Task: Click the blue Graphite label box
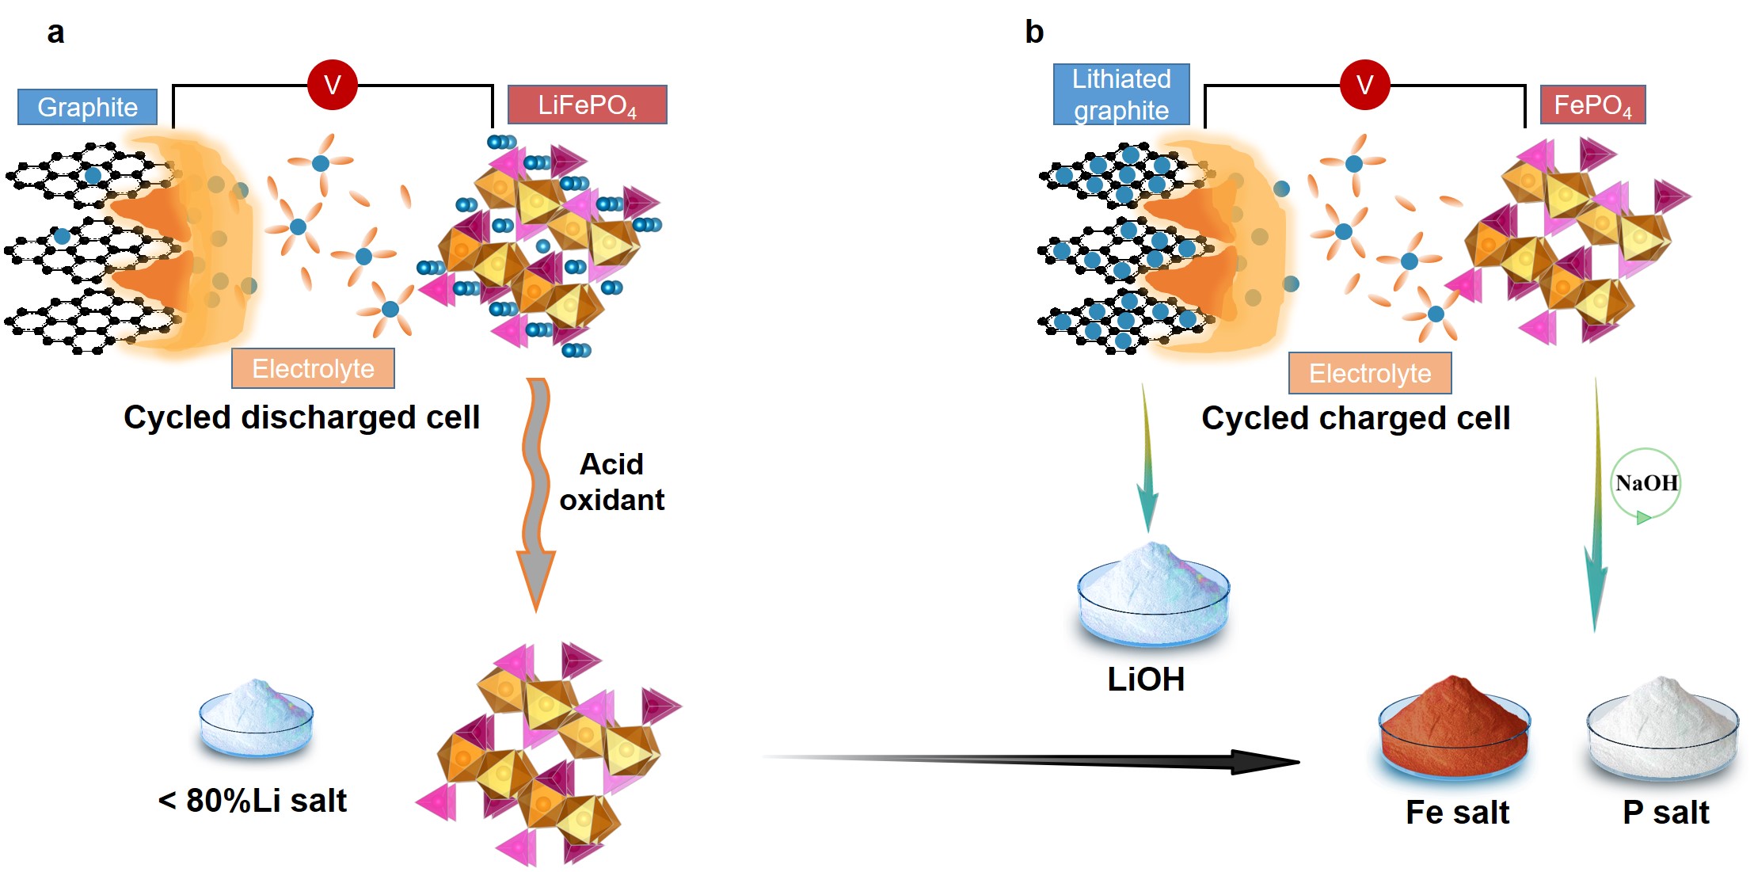tap(87, 107)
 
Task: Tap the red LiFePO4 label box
tap(587, 105)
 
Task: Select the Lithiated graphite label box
tap(1121, 94)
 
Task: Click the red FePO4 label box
tap(1592, 105)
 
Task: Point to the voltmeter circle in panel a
tap(333, 84)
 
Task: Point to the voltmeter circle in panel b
tap(1364, 84)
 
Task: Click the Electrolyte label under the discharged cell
tap(313, 368)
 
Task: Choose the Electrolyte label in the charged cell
tap(1370, 373)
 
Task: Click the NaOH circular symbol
tap(1646, 483)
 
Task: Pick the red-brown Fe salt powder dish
tap(1454, 725)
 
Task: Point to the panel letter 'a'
tap(55, 32)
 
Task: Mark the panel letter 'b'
tap(1034, 32)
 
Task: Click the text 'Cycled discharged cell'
tap(302, 417)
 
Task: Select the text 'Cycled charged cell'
tap(1356, 418)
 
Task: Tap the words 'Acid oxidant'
tap(611, 482)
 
